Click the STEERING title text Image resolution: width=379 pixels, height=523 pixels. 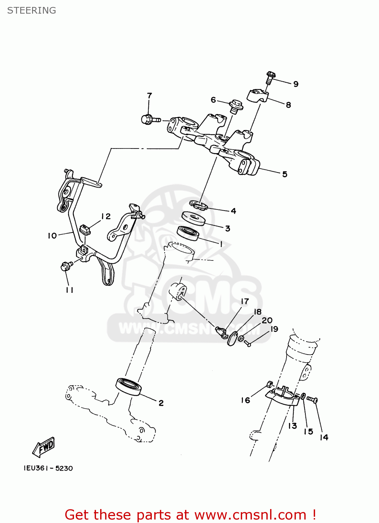tap(31, 10)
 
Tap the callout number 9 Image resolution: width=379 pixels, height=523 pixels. tap(296, 84)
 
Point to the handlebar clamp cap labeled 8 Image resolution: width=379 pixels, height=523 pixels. tap(257, 96)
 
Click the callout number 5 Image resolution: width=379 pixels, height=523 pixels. tap(285, 174)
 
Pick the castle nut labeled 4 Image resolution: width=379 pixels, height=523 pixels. tap(199, 205)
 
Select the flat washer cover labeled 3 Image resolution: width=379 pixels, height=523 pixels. tap(193, 218)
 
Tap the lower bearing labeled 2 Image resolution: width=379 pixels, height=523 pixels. tap(129, 386)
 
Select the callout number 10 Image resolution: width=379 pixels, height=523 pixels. tap(52, 236)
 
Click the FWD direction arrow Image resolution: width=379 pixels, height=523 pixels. tap(44, 447)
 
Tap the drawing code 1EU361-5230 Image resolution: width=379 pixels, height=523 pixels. tap(48, 468)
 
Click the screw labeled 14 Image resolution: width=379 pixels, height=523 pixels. tap(312, 400)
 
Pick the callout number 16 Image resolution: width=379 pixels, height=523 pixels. tap(245, 400)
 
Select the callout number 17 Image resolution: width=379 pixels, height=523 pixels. tap(245, 301)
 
